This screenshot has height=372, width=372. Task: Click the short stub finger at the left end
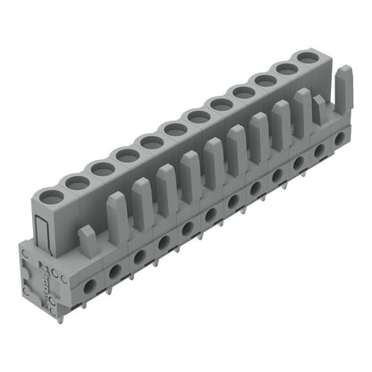[x=87, y=238]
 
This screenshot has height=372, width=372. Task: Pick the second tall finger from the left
[x=142, y=199]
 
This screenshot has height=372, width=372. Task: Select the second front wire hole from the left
[x=116, y=268]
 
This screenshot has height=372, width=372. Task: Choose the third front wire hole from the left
[x=140, y=255]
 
